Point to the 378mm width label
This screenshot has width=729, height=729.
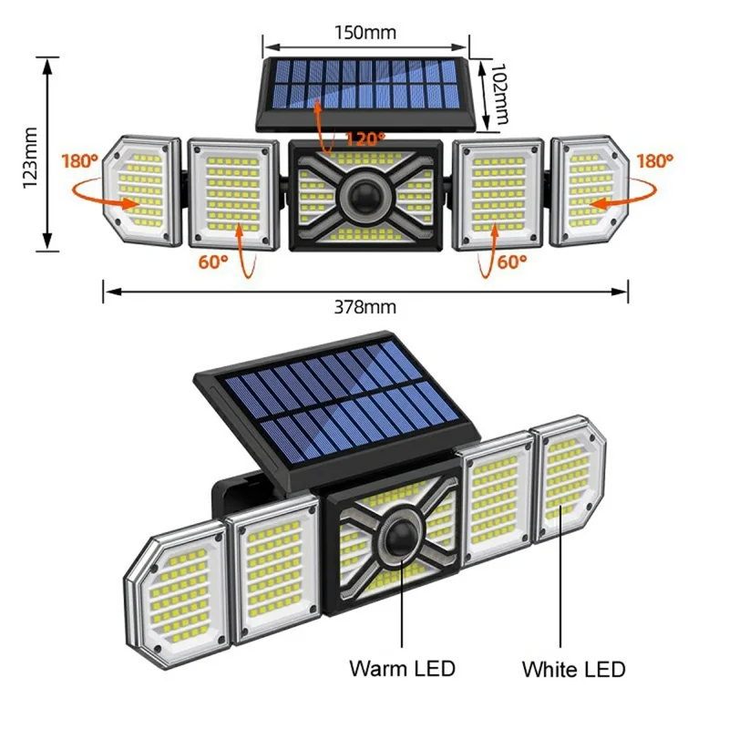coord(364,308)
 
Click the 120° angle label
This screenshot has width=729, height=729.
coord(365,139)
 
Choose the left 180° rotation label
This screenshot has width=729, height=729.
coord(79,161)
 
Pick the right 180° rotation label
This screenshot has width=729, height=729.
coord(654,161)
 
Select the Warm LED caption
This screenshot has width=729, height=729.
coord(403,668)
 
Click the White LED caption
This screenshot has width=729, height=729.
coord(573,669)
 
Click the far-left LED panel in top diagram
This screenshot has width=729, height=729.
coord(140,192)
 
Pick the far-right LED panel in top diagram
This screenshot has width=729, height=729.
coord(590,190)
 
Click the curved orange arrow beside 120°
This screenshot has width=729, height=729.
coord(321,123)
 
